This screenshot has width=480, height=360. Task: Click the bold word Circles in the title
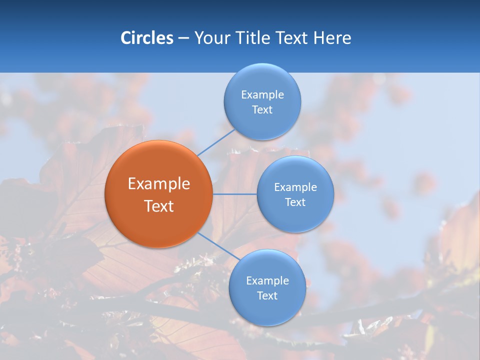click(x=146, y=38)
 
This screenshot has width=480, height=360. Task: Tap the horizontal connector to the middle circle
click(x=234, y=194)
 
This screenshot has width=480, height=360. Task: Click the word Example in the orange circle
click(x=159, y=184)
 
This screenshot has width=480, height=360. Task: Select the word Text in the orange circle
click(x=159, y=206)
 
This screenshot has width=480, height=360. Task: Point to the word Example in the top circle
click(x=262, y=95)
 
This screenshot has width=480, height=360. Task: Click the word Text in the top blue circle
click(x=262, y=110)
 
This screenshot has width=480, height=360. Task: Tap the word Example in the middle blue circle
click(x=295, y=187)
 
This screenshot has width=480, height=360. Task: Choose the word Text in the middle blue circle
click(x=295, y=202)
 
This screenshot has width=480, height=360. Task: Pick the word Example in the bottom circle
click(x=267, y=281)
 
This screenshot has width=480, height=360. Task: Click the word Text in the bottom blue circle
click(x=267, y=296)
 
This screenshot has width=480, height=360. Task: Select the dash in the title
click(x=183, y=38)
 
